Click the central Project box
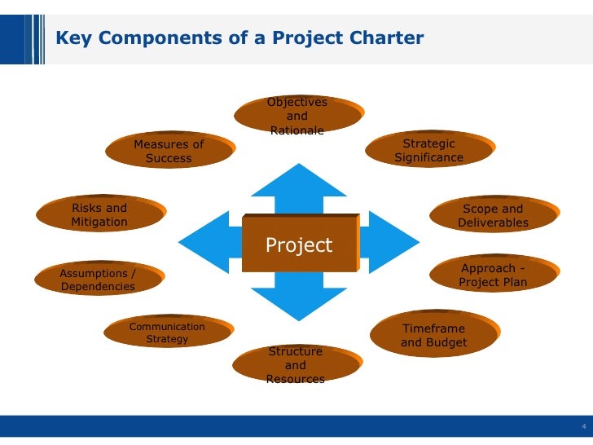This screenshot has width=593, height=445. click(299, 245)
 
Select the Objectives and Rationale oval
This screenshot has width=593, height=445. click(297, 116)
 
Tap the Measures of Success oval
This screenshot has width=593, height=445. click(169, 152)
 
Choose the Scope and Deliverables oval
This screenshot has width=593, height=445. click(493, 216)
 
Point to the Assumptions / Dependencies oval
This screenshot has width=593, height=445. click(98, 280)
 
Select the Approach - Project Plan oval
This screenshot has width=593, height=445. click(493, 275)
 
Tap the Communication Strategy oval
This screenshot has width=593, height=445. click(168, 333)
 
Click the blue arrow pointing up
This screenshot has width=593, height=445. click(298, 183)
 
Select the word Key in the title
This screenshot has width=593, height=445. click(70, 37)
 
